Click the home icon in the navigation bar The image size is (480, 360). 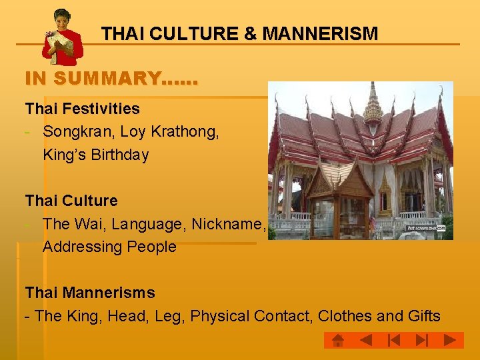[x=338, y=341]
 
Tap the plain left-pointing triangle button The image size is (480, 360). [x=365, y=341]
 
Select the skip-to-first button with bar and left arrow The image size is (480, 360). [x=393, y=341]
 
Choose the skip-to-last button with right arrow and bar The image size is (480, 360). [x=421, y=341]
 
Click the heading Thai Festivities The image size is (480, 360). [x=83, y=109]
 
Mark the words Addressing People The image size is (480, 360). [x=109, y=247]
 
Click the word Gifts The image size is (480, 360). [x=424, y=316]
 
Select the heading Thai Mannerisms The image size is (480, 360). [x=90, y=293]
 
